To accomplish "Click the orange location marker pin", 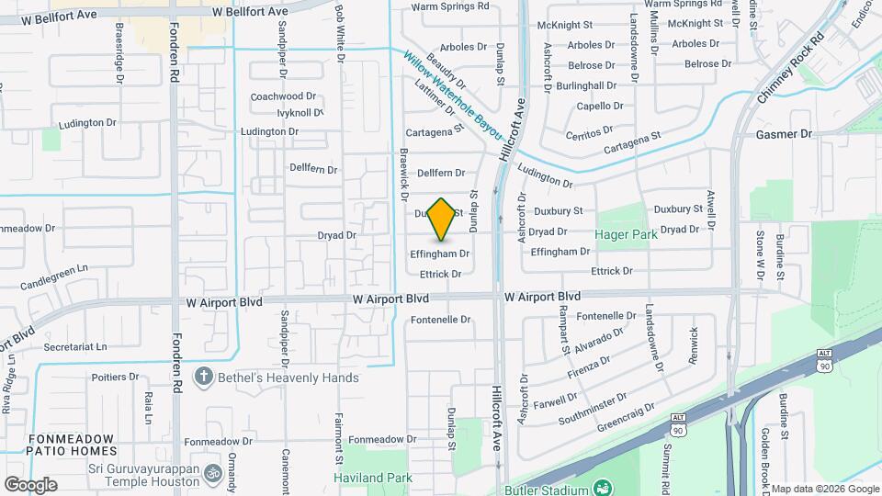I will pos(442,219).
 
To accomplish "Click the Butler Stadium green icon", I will pos(603,486).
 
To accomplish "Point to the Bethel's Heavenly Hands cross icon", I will pos(203,378).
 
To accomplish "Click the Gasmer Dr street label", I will pos(784,134).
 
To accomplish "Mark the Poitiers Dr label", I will pos(115,377).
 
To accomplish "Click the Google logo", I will pos(30,484).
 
